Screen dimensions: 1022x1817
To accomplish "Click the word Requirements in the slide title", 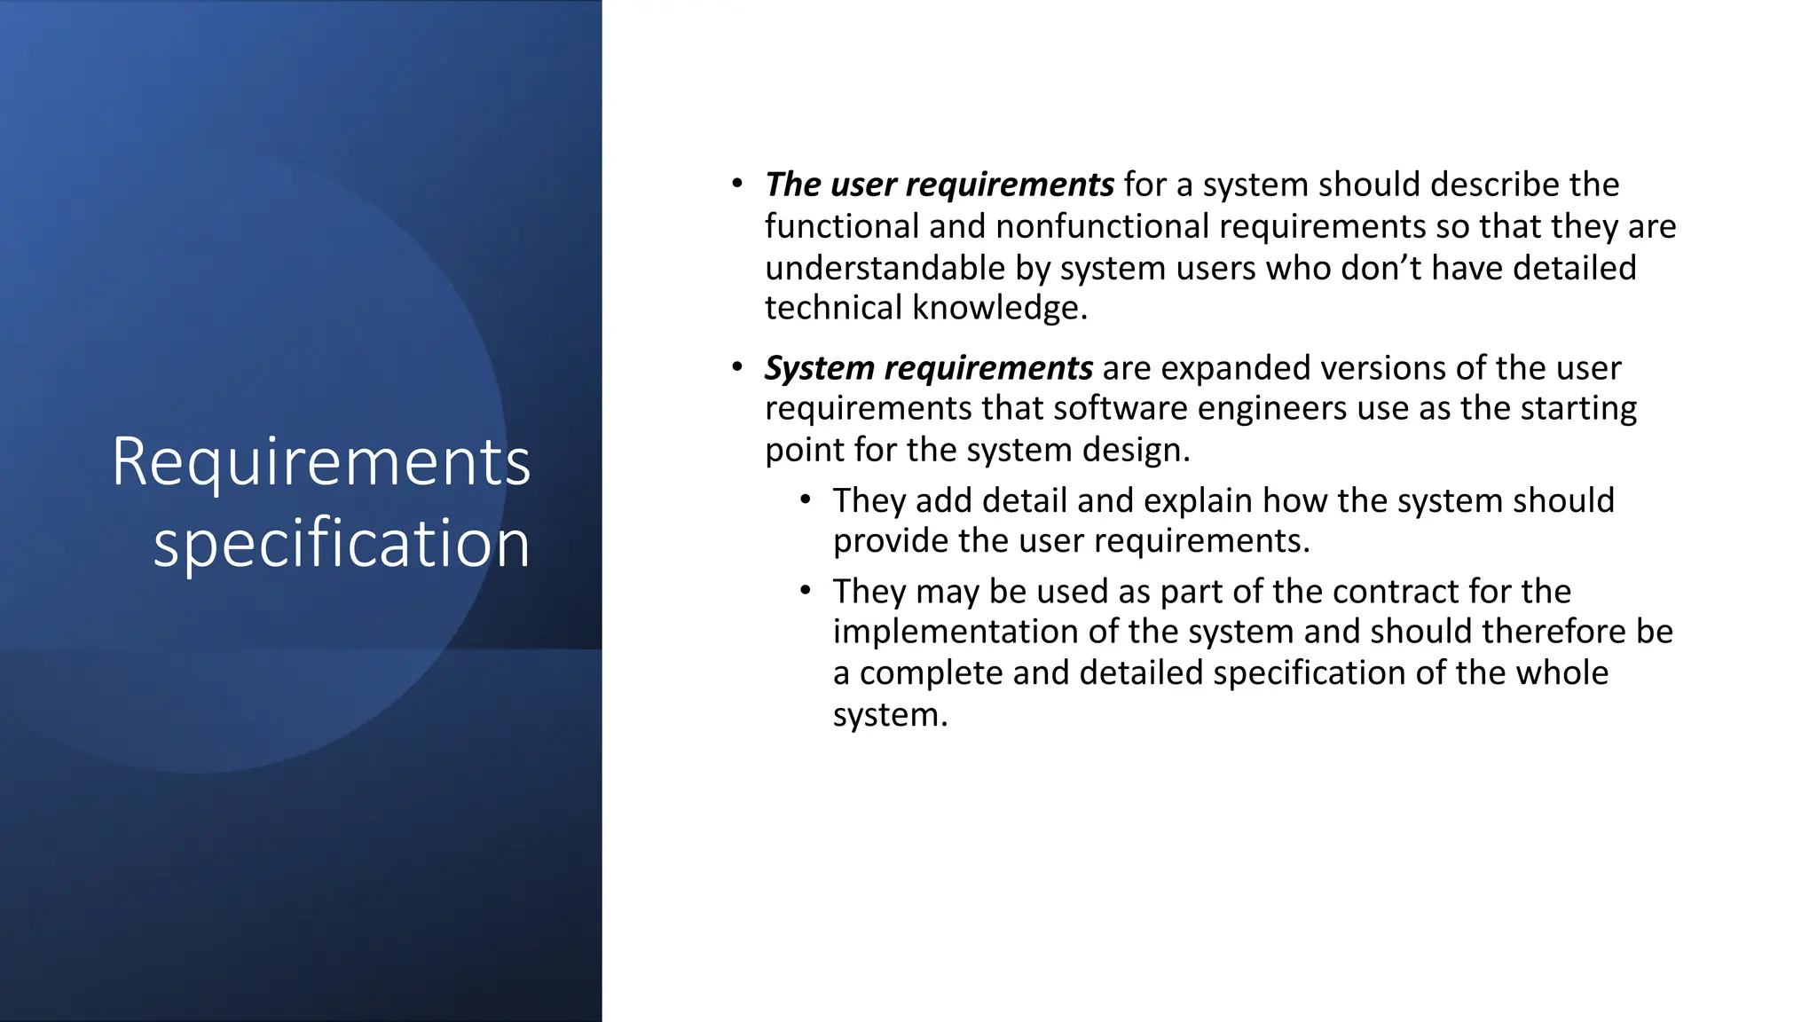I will click(x=321, y=463).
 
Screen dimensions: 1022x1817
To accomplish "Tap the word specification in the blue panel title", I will click(x=342, y=543).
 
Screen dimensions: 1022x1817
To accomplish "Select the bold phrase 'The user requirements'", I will click(x=940, y=185).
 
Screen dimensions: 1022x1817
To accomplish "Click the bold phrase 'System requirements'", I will click(x=929, y=368).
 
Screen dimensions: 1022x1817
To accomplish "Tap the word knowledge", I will click(x=999, y=308).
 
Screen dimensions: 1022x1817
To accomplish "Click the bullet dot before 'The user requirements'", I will click(x=737, y=185).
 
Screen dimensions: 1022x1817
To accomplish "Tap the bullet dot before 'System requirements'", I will click(x=737, y=367).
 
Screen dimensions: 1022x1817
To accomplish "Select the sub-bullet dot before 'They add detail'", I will click(x=805, y=500).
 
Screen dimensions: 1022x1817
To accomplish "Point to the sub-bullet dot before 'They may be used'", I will click(x=805, y=591).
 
